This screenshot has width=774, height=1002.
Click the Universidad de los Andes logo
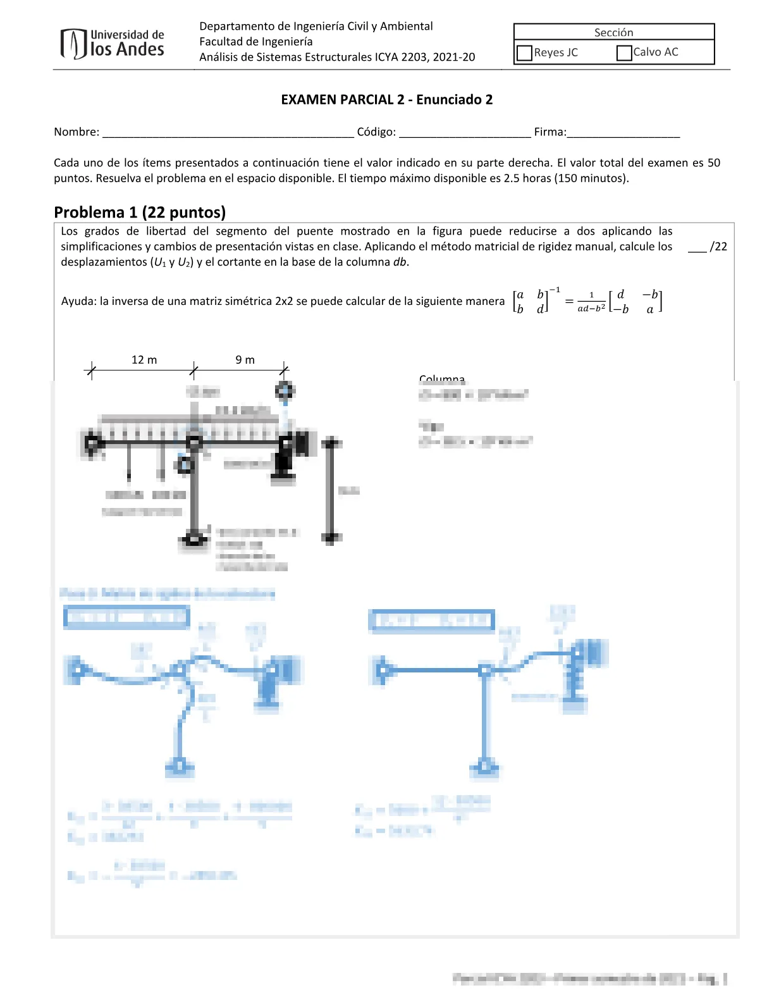pyautogui.click(x=113, y=44)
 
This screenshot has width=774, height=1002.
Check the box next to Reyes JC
pyautogui.click(x=524, y=53)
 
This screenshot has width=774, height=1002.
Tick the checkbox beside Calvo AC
pyautogui.click(x=624, y=53)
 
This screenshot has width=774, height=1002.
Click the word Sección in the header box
pyautogui.click(x=613, y=32)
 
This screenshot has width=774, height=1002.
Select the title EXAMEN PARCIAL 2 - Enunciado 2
pyautogui.click(x=386, y=99)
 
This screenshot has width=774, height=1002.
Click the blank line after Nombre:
pyautogui.click(x=228, y=133)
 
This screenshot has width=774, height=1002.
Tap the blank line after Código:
pyautogui.click(x=465, y=133)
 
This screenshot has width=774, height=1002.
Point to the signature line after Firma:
pyautogui.click(x=623, y=133)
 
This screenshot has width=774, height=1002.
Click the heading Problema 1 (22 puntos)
pyautogui.click(x=140, y=212)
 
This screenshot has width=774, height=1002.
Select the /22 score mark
pyautogui.click(x=718, y=247)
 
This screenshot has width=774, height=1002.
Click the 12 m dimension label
pyautogui.click(x=144, y=360)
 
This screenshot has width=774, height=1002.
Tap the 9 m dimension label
pyautogui.click(x=245, y=360)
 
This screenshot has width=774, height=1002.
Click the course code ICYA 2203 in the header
pyautogui.click(x=402, y=57)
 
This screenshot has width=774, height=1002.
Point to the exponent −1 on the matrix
pyautogui.click(x=555, y=290)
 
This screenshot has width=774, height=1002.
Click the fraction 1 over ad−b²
pyautogui.click(x=591, y=302)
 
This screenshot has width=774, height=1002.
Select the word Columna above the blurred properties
pyautogui.click(x=442, y=378)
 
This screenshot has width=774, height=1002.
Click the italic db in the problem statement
pyautogui.click(x=400, y=262)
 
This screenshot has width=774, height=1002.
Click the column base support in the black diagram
pyautogui.click(x=194, y=540)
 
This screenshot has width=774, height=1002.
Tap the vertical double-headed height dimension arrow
pyautogui.click(x=331, y=490)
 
